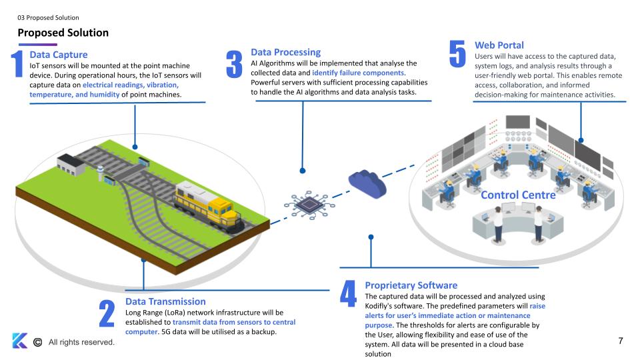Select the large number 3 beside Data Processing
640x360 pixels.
click(x=233, y=64)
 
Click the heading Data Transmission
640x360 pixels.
click(x=165, y=301)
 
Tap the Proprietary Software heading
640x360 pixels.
click(x=411, y=285)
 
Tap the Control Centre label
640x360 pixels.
click(x=518, y=195)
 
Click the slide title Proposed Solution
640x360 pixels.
click(x=63, y=32)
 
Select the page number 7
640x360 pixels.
click(x=621, y=341)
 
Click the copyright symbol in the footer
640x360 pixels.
click(x=37, y=342)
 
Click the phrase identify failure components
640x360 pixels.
click(x=359, y=73)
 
